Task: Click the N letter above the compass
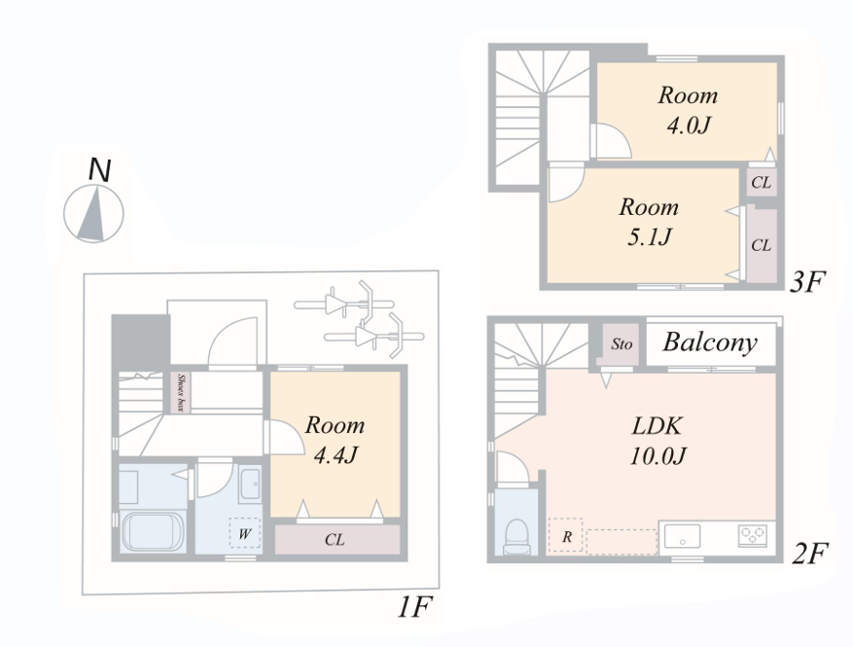coord(99,169)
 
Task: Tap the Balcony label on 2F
coord(710,342)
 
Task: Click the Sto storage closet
coord(621,344)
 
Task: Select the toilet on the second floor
coord(516,537)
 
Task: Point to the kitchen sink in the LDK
coord(682,536)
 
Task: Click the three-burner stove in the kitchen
coord(753,535)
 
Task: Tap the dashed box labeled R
coord(566,536)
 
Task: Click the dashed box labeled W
coord(245,533)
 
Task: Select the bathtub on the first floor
coord(153,531)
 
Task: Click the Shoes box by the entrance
coord(181,392)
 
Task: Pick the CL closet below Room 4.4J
coord(338,539)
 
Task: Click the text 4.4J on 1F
coord(336,454)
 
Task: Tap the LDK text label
coord(658,426)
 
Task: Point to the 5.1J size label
coord(650,236)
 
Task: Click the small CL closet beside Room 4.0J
coord(762,182)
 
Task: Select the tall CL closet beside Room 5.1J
coord(762,245)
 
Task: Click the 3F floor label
coord(808,281)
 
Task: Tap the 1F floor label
coord(414,607)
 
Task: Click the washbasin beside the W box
coord(250,484)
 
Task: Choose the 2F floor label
coord(810,553)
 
